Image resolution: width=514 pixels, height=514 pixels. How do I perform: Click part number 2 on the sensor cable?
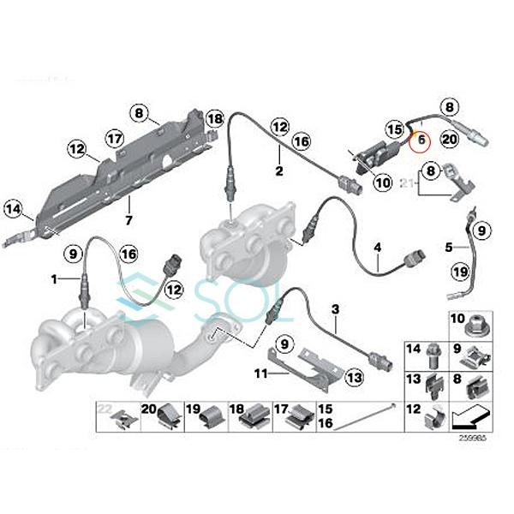click(x=278, y=171)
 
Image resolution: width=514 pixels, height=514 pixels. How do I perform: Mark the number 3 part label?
click(x=336, y=308)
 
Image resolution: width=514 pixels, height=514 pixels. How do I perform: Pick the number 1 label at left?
click(x=53, y=280)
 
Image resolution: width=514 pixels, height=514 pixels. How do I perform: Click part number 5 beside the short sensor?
click(x=448, y=248)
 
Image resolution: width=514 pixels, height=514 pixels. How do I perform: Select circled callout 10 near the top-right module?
click(x=382, y=182)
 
